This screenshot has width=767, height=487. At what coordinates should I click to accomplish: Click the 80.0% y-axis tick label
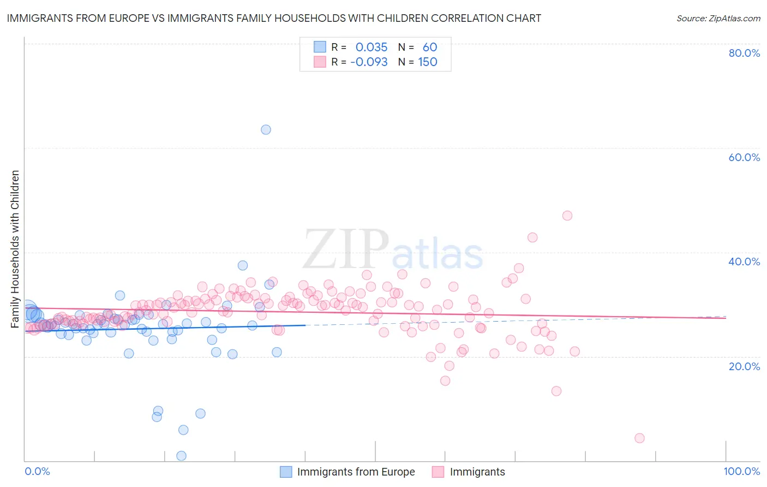coord(744,53)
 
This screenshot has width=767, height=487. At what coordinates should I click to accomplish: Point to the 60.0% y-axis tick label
coord(744,157)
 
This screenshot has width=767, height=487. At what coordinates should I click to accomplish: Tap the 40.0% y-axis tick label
coord(744,262)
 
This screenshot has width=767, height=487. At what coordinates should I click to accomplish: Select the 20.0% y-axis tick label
coord(744,366)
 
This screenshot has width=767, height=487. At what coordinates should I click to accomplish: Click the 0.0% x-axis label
coord(37,471)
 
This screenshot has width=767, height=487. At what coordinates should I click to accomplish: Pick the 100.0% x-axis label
coord(741,471)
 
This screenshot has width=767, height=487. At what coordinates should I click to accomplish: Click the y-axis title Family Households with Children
coord(15,249)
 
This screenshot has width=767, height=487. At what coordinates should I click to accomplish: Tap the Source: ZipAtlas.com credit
coord(718,18)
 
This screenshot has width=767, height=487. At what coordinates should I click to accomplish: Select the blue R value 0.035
coord(371,47)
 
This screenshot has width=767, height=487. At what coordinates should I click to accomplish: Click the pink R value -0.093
coord(369,62)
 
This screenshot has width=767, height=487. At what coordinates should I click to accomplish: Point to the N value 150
coord(428,62)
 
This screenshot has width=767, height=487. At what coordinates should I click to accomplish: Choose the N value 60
coord(430,47)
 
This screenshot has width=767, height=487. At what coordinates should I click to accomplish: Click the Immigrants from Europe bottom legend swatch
coord(286,472)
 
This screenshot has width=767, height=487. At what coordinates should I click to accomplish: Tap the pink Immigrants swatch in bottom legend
coord(438,472)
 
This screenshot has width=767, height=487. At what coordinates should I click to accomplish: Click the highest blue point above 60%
coord(266,129)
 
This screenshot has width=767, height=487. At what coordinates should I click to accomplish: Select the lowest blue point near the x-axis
coord(182,456)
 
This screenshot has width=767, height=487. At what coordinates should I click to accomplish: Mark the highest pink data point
coord(567,216)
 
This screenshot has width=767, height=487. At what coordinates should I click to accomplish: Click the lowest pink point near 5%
coord(640,438)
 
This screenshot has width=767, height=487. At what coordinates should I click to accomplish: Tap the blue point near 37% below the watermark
coord(243,265)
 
